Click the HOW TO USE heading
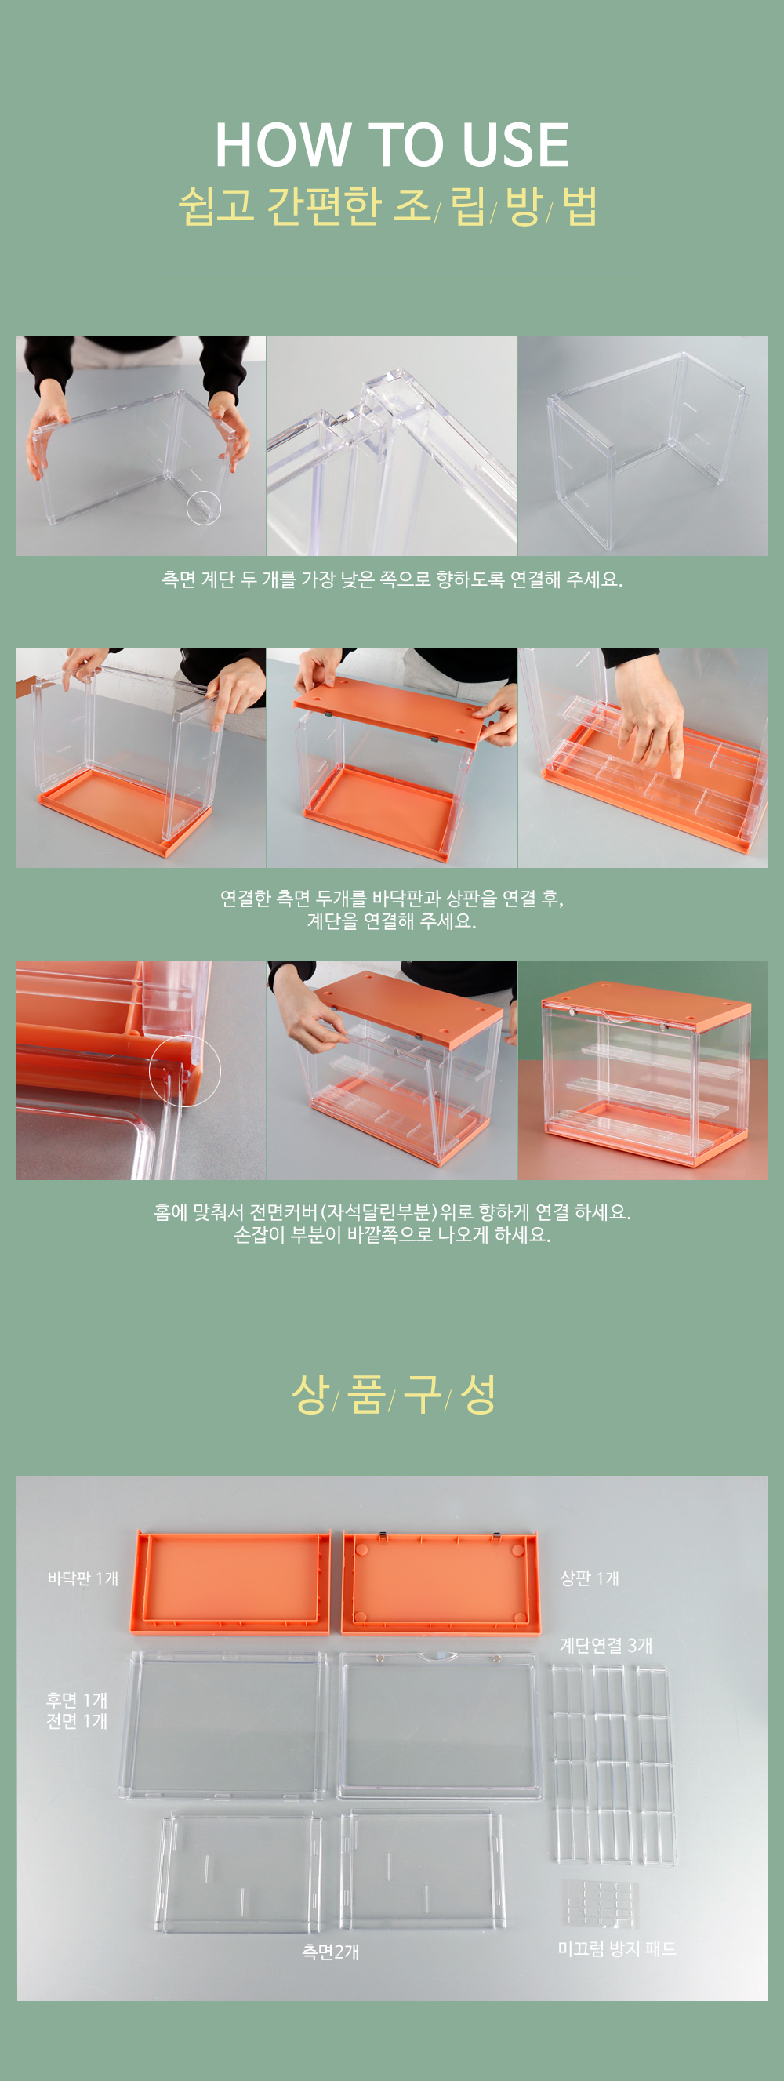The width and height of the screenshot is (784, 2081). pos(391,145)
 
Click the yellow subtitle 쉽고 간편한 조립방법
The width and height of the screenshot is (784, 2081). pos(388,205)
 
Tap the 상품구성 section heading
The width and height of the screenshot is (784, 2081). pos(394,1393)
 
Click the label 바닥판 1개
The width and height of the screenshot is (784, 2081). pos(83,1578)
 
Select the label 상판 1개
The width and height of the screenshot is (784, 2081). pos(590,1578)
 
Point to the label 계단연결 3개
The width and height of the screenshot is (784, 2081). pos(605,1645)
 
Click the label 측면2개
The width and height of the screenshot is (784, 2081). pos(330,1952)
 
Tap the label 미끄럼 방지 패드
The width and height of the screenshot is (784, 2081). pos(617,1949)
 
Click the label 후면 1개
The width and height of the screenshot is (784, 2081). pos(77,1701)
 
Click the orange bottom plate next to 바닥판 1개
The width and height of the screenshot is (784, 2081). pos(230,1582)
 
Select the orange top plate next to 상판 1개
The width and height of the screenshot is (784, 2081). pos(440,1582)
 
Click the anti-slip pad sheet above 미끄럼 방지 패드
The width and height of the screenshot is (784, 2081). pos(600,1903)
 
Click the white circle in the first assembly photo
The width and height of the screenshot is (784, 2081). pos(204,507)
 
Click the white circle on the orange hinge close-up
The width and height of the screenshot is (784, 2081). pos(184,1070)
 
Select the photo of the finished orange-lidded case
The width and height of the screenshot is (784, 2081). pos(643,1070)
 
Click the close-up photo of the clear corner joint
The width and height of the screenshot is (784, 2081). pos(391,446)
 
